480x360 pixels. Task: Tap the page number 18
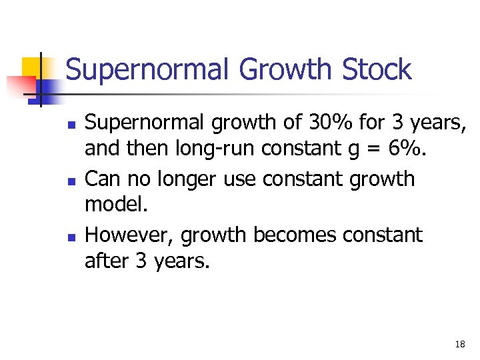[460, 344]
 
